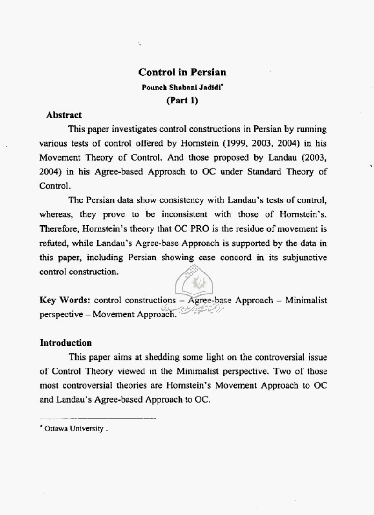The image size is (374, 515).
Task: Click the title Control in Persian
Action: pyautogui.click(x=182, y=72)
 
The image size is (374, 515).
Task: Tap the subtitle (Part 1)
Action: pyautogui.click(x=182, y=100)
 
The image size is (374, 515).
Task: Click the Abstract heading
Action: pyautogui.click(x=64, y=115)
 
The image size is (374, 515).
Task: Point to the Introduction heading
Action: pyautogui.click(x=65, y=343)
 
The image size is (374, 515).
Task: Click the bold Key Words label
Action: pyautogui.click(x=66, y=300)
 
